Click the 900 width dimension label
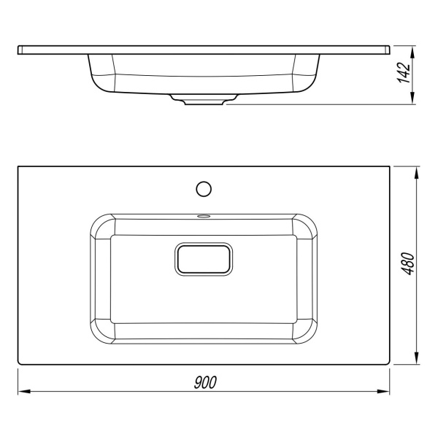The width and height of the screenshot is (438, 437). [205, 382]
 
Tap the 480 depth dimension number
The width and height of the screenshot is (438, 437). [408, 264]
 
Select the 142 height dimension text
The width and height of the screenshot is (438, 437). [404, 73]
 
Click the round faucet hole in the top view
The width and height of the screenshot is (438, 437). [204, 189]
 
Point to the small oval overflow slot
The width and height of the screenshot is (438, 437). [204, 215]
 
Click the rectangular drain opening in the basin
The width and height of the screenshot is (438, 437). [204, 259]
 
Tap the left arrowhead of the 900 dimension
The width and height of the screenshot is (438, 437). [24, 392]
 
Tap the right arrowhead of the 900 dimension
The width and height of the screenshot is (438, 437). [383, 392]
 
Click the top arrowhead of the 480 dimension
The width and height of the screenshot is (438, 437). [417, 173]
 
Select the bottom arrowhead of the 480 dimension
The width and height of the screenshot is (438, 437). [417, 358]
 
